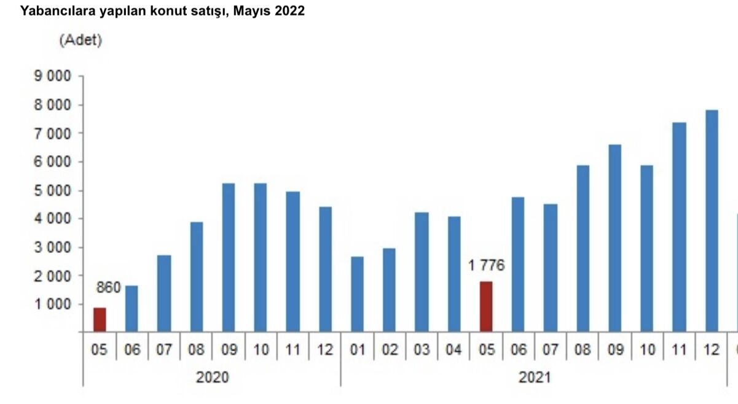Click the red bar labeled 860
100,319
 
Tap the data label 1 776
485,266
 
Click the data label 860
108,287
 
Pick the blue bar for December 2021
712,221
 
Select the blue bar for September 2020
228,257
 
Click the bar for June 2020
132,308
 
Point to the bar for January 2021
357,294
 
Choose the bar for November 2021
679,227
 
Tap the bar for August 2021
583,249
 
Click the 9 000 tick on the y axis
54,77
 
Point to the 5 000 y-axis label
54,190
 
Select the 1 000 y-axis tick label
54,305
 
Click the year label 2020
212,377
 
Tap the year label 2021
534,377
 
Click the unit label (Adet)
80,41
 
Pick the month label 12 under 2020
324,350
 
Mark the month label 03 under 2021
422,350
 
